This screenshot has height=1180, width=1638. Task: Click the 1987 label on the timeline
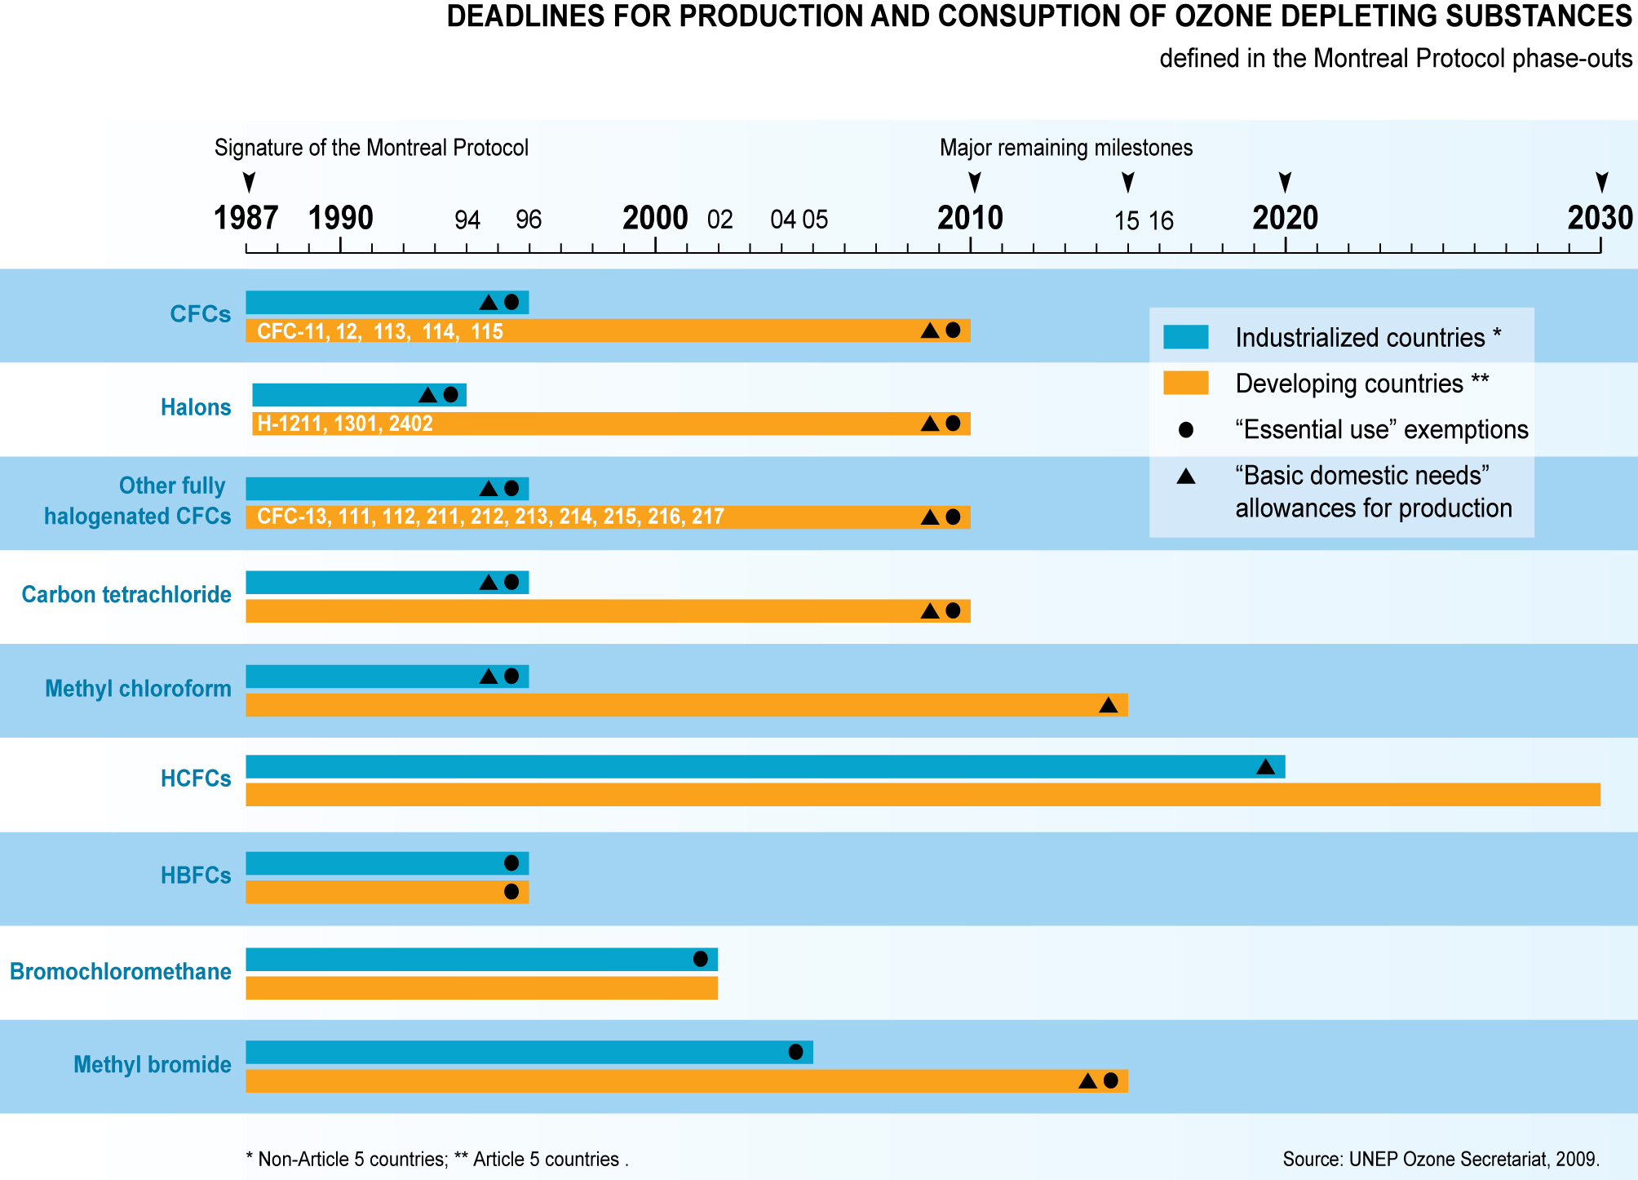(246, 218)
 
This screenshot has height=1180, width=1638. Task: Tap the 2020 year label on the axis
(1285, 218)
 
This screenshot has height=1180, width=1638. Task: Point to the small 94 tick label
(467, 220)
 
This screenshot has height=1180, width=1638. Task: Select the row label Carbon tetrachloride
(126, 594)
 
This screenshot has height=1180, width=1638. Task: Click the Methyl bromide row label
(153, 1064)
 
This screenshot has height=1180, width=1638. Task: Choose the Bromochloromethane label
(121, 971)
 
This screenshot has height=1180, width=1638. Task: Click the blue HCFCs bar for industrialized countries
(734, 766)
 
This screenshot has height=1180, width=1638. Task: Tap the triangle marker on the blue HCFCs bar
(1265, 767)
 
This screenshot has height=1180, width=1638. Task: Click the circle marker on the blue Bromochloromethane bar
(700, 959)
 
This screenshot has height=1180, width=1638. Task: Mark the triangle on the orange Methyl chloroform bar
(1108, 705)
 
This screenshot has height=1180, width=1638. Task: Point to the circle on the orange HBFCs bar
(511, 892)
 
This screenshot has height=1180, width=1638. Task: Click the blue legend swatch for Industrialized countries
(1185, 337)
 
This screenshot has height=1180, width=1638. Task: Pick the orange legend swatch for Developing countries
(1185, 383)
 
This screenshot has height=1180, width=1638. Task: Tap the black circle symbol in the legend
(1186, 429)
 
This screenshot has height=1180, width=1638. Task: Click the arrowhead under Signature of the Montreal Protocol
(250, 181)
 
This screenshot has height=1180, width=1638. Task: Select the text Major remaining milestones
(1066, 148)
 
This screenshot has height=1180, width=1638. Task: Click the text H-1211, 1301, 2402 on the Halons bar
(345, 424)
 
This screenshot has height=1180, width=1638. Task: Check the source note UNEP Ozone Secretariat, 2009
(1441, 1159)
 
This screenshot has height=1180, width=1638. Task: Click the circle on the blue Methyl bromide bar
(795, 1052)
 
